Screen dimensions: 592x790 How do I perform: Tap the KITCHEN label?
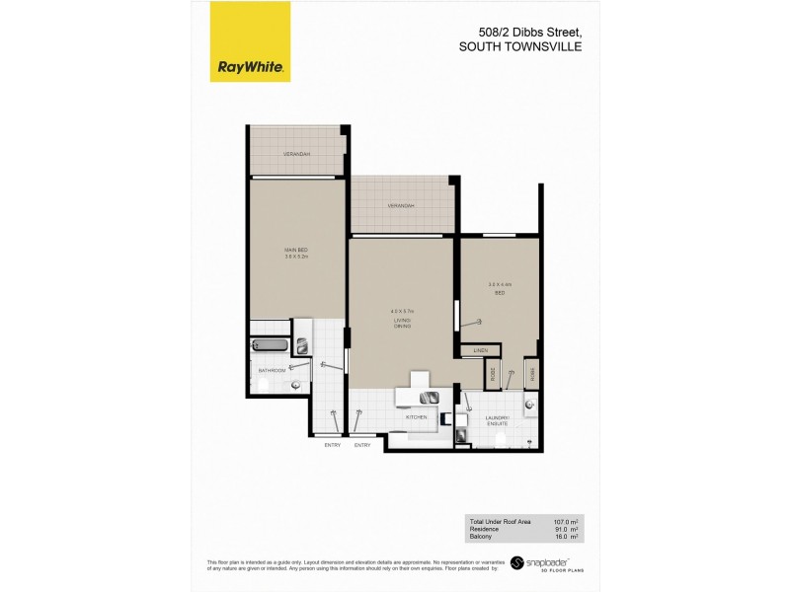click(x=415, y=418)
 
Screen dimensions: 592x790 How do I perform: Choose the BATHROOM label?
click(x=272, y=370)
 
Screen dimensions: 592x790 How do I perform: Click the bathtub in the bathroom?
click(x=272, y=345)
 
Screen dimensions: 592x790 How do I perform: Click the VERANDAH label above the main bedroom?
click(x=297, y=155)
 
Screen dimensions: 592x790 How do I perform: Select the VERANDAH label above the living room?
click(x=401, y=206)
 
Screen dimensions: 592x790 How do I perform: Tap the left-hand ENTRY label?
click(x=332, y=445)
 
